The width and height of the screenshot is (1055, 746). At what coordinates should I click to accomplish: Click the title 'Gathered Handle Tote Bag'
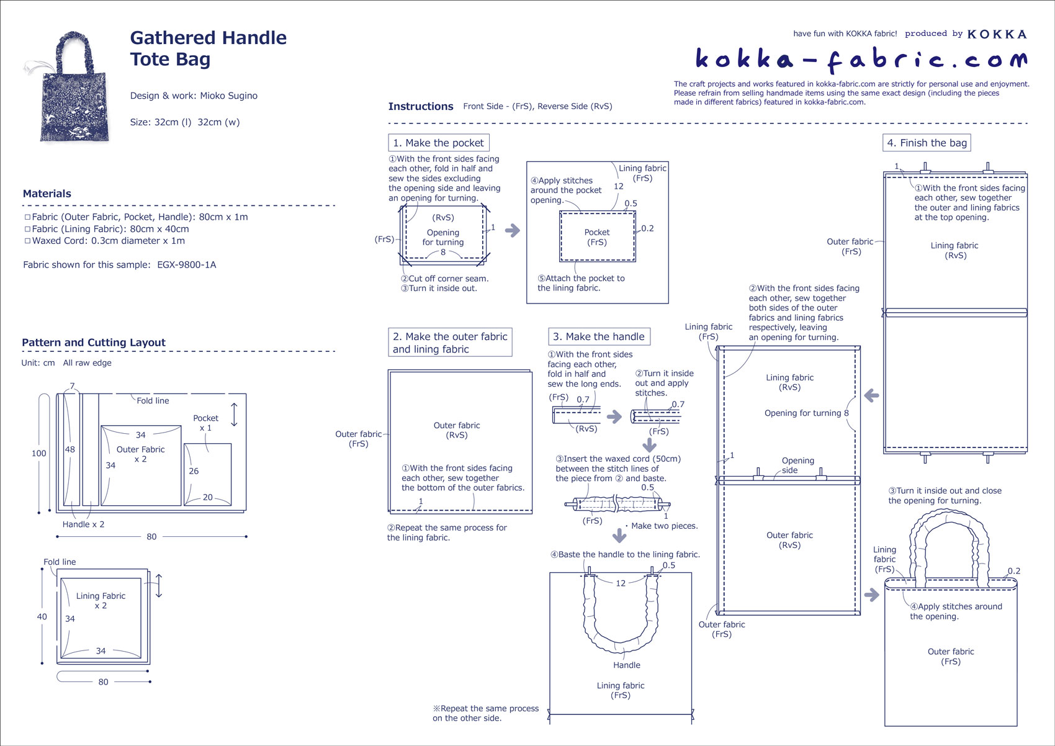tap(208, 48)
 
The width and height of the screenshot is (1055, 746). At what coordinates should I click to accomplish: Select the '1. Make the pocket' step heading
tap(438, 143)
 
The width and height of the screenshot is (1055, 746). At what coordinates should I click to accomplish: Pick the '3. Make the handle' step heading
tap(599, 336)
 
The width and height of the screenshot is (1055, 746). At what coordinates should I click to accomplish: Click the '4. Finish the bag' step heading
tap(927, 143)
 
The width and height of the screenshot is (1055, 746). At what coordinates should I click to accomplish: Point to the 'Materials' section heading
tap(47, 194)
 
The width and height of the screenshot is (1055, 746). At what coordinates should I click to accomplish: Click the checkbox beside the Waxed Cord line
tap(27, 241)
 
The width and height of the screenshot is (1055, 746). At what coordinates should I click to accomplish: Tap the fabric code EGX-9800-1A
tap(186, 265)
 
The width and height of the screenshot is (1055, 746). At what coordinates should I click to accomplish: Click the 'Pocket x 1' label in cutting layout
tap(205, 423)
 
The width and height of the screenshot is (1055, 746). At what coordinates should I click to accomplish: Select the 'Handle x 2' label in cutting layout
tap(83, 524)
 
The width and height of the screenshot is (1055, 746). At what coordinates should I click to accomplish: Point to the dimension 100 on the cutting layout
tap(38, 453)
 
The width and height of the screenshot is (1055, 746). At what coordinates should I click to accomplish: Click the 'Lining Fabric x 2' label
tap(101, 600)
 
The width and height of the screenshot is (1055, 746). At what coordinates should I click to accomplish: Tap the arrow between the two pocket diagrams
tap(513, 231)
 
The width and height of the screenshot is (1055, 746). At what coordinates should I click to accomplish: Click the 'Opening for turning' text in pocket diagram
tap(442, 237)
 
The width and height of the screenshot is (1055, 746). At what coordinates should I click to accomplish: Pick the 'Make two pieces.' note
tap(664, 526)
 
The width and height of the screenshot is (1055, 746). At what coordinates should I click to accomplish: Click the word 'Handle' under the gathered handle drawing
tap(626, 665)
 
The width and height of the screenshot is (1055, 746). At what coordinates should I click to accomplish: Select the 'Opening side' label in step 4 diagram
tap(797, 465)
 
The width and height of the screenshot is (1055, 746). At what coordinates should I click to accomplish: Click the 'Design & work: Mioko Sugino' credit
tap(194, 96)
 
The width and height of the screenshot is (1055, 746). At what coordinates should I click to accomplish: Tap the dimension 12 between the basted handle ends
tap(621, 583)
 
